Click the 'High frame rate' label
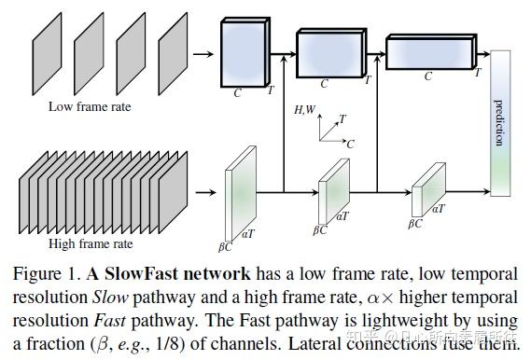91,243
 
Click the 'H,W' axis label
304,111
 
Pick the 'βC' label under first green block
225,246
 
